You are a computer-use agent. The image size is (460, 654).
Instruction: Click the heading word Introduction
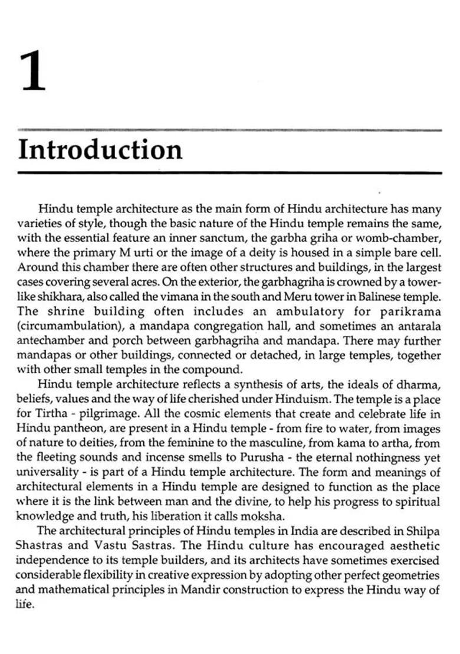point(100,149)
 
